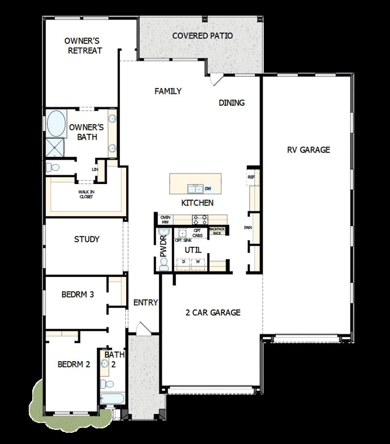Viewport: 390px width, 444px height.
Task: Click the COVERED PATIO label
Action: click(202, 36)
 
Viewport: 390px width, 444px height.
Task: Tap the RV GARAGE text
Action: click(308, 149)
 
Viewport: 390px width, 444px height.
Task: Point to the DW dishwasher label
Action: click(208, 188)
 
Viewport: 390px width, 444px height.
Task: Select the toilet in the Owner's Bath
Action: click(52, 167)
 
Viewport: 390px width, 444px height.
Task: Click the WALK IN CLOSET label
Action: click(86, 194)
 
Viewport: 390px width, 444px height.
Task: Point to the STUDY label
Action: click(87, 239)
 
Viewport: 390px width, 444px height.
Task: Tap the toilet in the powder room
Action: click(163, 264)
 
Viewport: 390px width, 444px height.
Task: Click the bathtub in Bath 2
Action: click(112, 398)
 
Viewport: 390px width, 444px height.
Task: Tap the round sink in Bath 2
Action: click(105, 363)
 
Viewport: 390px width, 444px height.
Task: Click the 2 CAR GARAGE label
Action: click(213, 313)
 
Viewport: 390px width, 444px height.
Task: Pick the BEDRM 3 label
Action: click(78, 295)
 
